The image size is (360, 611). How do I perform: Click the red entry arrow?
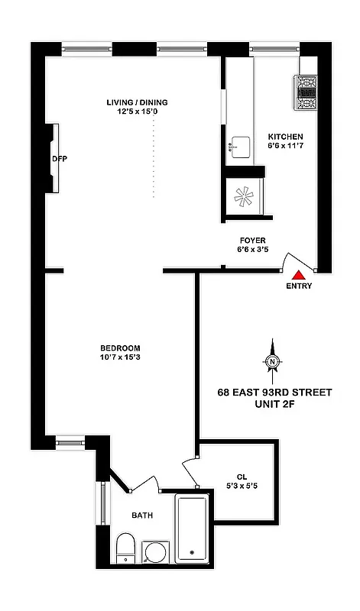pyautogui.click(x=300, y=272)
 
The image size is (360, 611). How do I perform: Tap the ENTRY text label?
pyautogui.click(x=300, y=286)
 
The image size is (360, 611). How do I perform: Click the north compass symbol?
pyautogui.click(x=272, y=361)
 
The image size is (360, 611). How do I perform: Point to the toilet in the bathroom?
pyautogui.click(x=125, y=548)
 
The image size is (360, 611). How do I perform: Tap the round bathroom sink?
pyautogui.click(x=157, y=552)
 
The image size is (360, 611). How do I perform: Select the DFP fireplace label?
pyautogui.click(x=60, y=160)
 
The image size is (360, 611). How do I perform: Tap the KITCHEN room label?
pyautogui.click(x=285, y=137)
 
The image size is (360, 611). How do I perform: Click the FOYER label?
pyautogui.click(x=251, y=240)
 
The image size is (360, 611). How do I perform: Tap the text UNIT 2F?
pyautogui.click(x=274, y=406)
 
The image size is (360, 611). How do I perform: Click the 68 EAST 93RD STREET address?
pyautogui.click(x=274, y=393)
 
